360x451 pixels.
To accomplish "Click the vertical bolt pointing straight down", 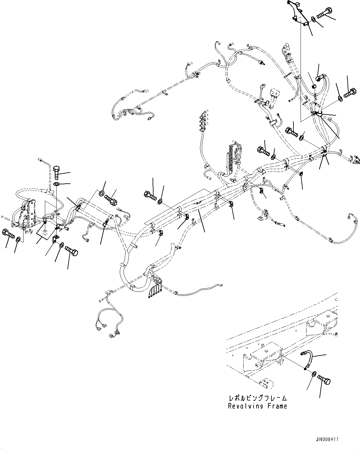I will [57, 172].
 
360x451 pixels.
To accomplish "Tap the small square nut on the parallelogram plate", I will [45, 232].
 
